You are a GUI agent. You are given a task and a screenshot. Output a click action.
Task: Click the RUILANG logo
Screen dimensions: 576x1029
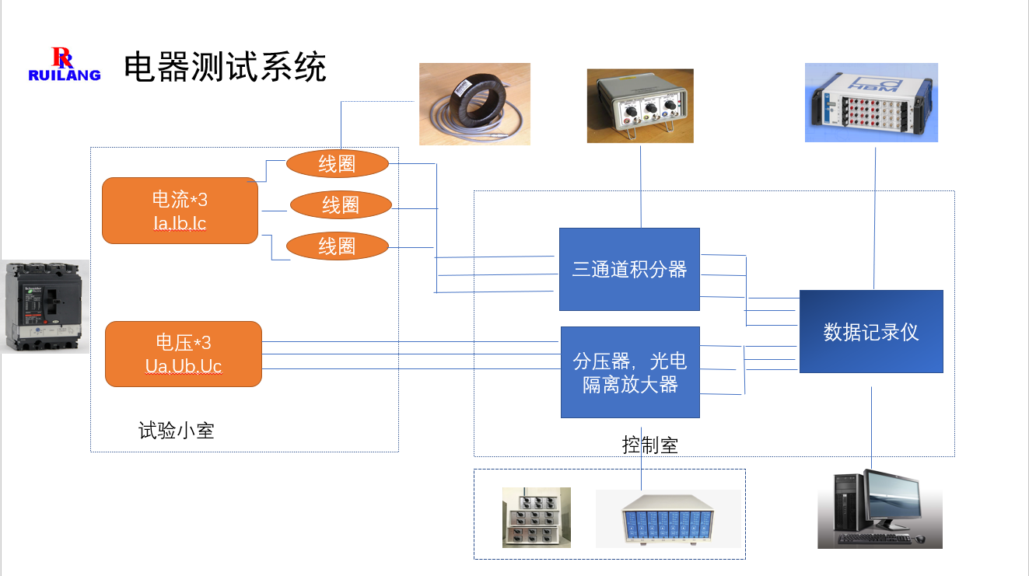(x=64, y=65)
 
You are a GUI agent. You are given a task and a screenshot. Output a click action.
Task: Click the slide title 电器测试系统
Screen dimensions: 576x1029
(x=225, y=68)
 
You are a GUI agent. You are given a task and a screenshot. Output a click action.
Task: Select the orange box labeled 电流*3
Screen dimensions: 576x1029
(x=180, y=211)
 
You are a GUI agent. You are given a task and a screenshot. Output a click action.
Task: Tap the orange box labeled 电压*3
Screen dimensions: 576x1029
(x=184, y=354)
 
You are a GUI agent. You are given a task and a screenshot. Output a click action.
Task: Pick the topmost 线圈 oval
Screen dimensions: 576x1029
(x=337, y=163)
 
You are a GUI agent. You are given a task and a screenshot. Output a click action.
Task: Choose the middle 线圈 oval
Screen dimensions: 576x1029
(x=341, y=205)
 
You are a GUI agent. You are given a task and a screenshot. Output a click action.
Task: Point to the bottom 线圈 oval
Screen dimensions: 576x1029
(x=337, y=246)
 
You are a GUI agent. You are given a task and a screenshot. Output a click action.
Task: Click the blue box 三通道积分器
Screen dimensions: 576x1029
(x=630, y=270)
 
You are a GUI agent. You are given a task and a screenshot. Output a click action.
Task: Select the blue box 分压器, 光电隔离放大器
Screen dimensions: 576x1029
(x=630, y=372)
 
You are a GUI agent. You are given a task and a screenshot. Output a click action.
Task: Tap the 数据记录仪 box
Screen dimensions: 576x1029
(x=871, y=332)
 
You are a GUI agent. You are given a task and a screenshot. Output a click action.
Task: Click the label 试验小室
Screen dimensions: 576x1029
(x=176, y=431)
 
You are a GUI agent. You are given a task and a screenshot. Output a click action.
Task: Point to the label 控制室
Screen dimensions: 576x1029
(x=650, y=445)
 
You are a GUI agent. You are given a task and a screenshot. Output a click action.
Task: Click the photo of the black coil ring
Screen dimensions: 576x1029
(x=474, y=104)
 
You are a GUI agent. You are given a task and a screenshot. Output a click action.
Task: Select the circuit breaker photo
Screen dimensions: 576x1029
(x=45, y=306)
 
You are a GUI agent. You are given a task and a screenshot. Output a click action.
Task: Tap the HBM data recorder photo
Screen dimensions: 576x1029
(x=871, y=103)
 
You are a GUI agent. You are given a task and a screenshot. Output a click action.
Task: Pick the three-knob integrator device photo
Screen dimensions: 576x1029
(x=640, y=106)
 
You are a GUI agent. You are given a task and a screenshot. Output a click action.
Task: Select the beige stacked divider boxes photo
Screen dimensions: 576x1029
(x=536, y=517)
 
